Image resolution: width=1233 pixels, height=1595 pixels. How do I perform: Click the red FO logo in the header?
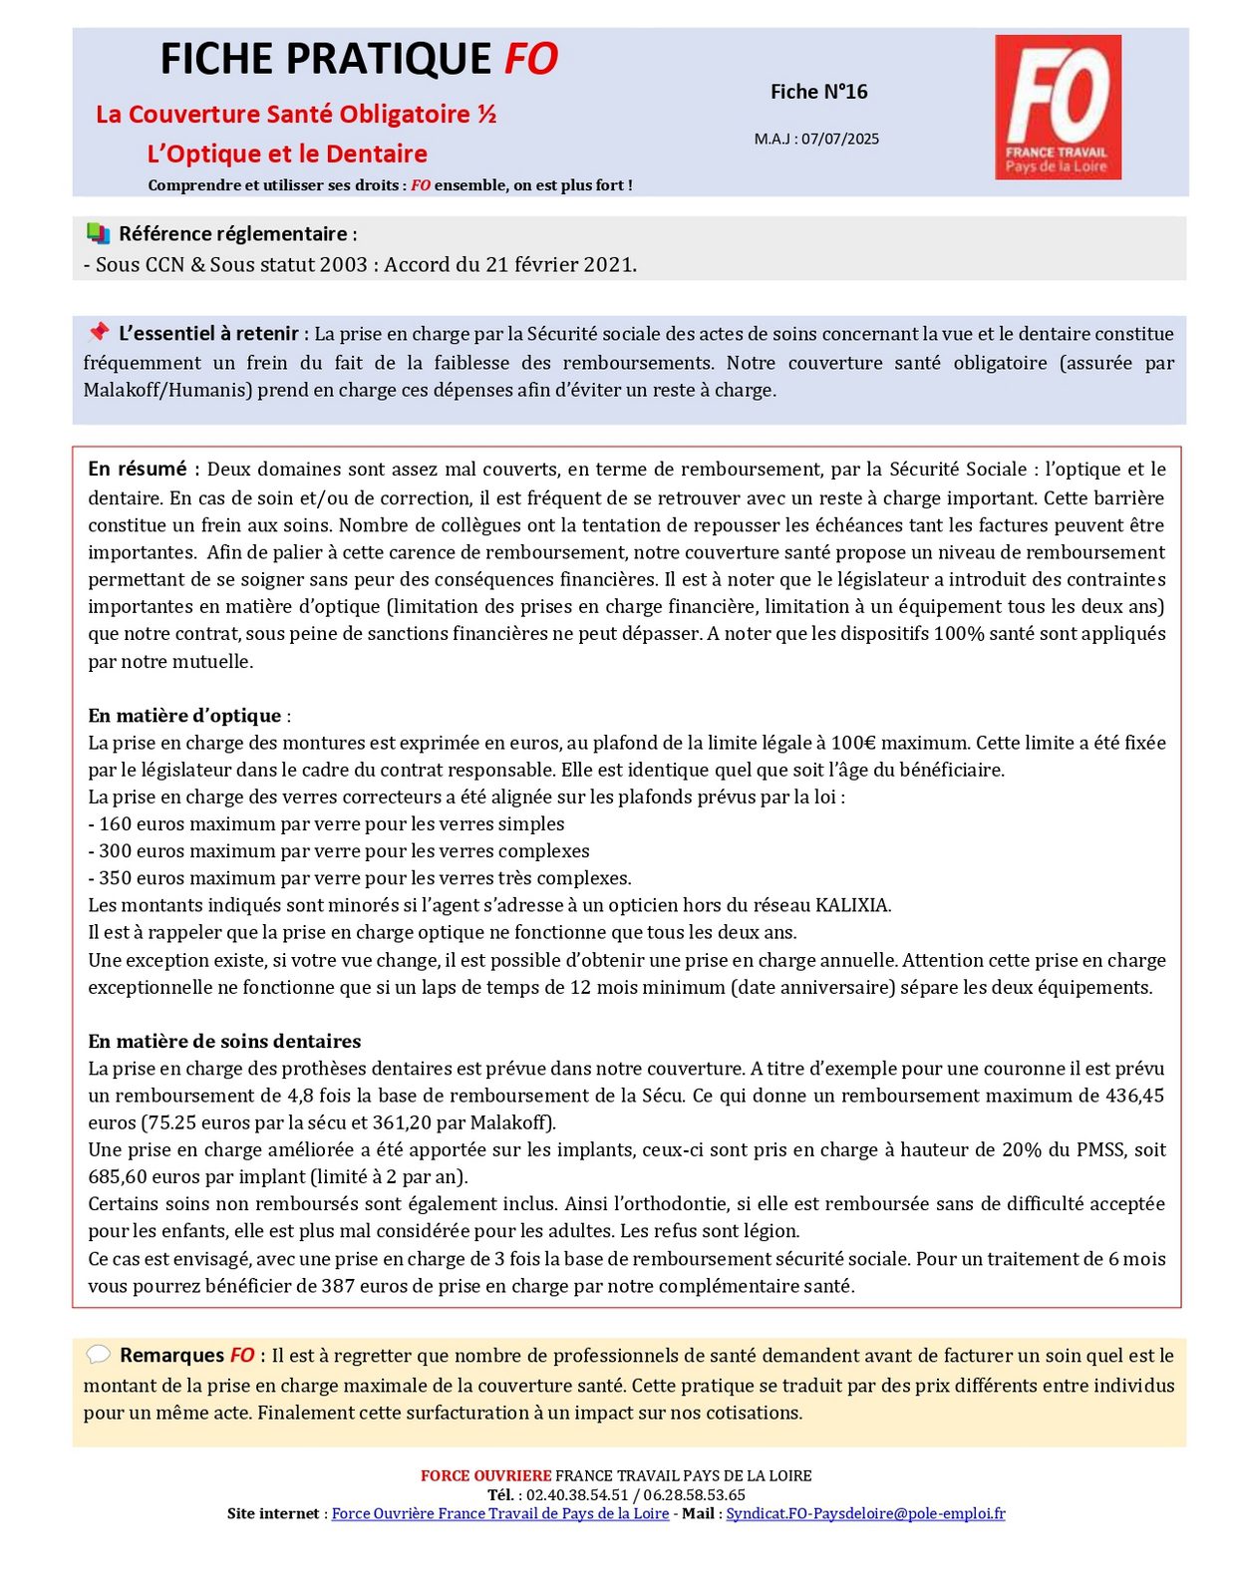[1058, 107]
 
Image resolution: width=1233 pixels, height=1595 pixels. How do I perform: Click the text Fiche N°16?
[818, 92]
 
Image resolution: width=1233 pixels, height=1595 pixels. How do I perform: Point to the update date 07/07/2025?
[840, 139]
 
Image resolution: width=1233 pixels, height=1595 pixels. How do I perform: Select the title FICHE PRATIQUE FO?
[359, 59]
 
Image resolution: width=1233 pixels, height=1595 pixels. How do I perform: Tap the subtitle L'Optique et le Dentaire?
[287, 154]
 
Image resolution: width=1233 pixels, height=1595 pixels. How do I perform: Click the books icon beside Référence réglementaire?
[98, 233]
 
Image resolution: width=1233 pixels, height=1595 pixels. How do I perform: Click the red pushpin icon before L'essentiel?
[98, 332]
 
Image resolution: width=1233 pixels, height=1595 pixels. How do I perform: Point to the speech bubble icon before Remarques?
[98, 1355]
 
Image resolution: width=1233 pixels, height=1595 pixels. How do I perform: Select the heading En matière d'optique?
[184, 715]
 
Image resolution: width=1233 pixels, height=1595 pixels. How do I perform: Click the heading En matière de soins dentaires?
[224, 1041]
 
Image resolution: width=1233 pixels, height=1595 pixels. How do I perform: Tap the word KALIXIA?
[852, 905]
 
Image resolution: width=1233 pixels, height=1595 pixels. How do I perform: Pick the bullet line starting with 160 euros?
[326, 823]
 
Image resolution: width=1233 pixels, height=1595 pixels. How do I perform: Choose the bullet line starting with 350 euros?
[359, 877]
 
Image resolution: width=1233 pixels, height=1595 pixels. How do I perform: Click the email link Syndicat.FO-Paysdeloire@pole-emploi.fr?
[865, 1513]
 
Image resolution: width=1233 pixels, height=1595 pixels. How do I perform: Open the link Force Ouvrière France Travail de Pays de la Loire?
[499, 1513]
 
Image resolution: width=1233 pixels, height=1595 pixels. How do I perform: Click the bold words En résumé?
[137, 469]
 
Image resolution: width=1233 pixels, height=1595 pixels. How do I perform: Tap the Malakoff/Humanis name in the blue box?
[167, 390]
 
